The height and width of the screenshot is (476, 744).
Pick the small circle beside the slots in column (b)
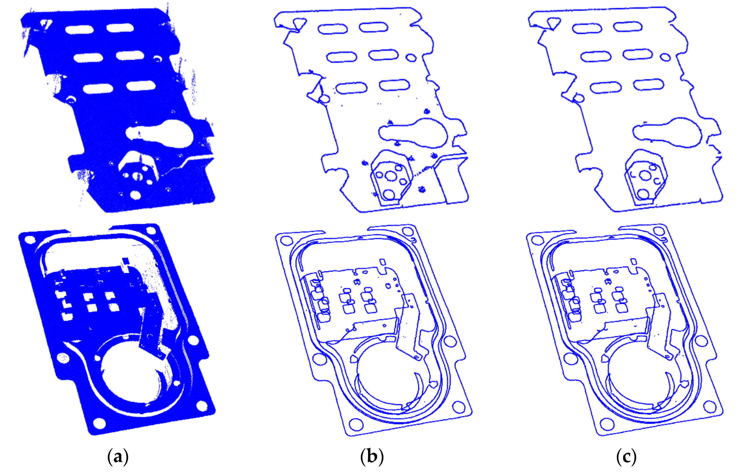411,58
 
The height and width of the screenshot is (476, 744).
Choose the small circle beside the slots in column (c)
666,57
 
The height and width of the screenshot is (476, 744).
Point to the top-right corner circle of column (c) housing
659,231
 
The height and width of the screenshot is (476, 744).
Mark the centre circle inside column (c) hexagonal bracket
645,175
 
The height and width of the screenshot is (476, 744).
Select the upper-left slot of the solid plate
79,30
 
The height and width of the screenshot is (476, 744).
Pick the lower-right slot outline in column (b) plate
395,85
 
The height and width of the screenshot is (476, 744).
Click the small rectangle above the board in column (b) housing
382,262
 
